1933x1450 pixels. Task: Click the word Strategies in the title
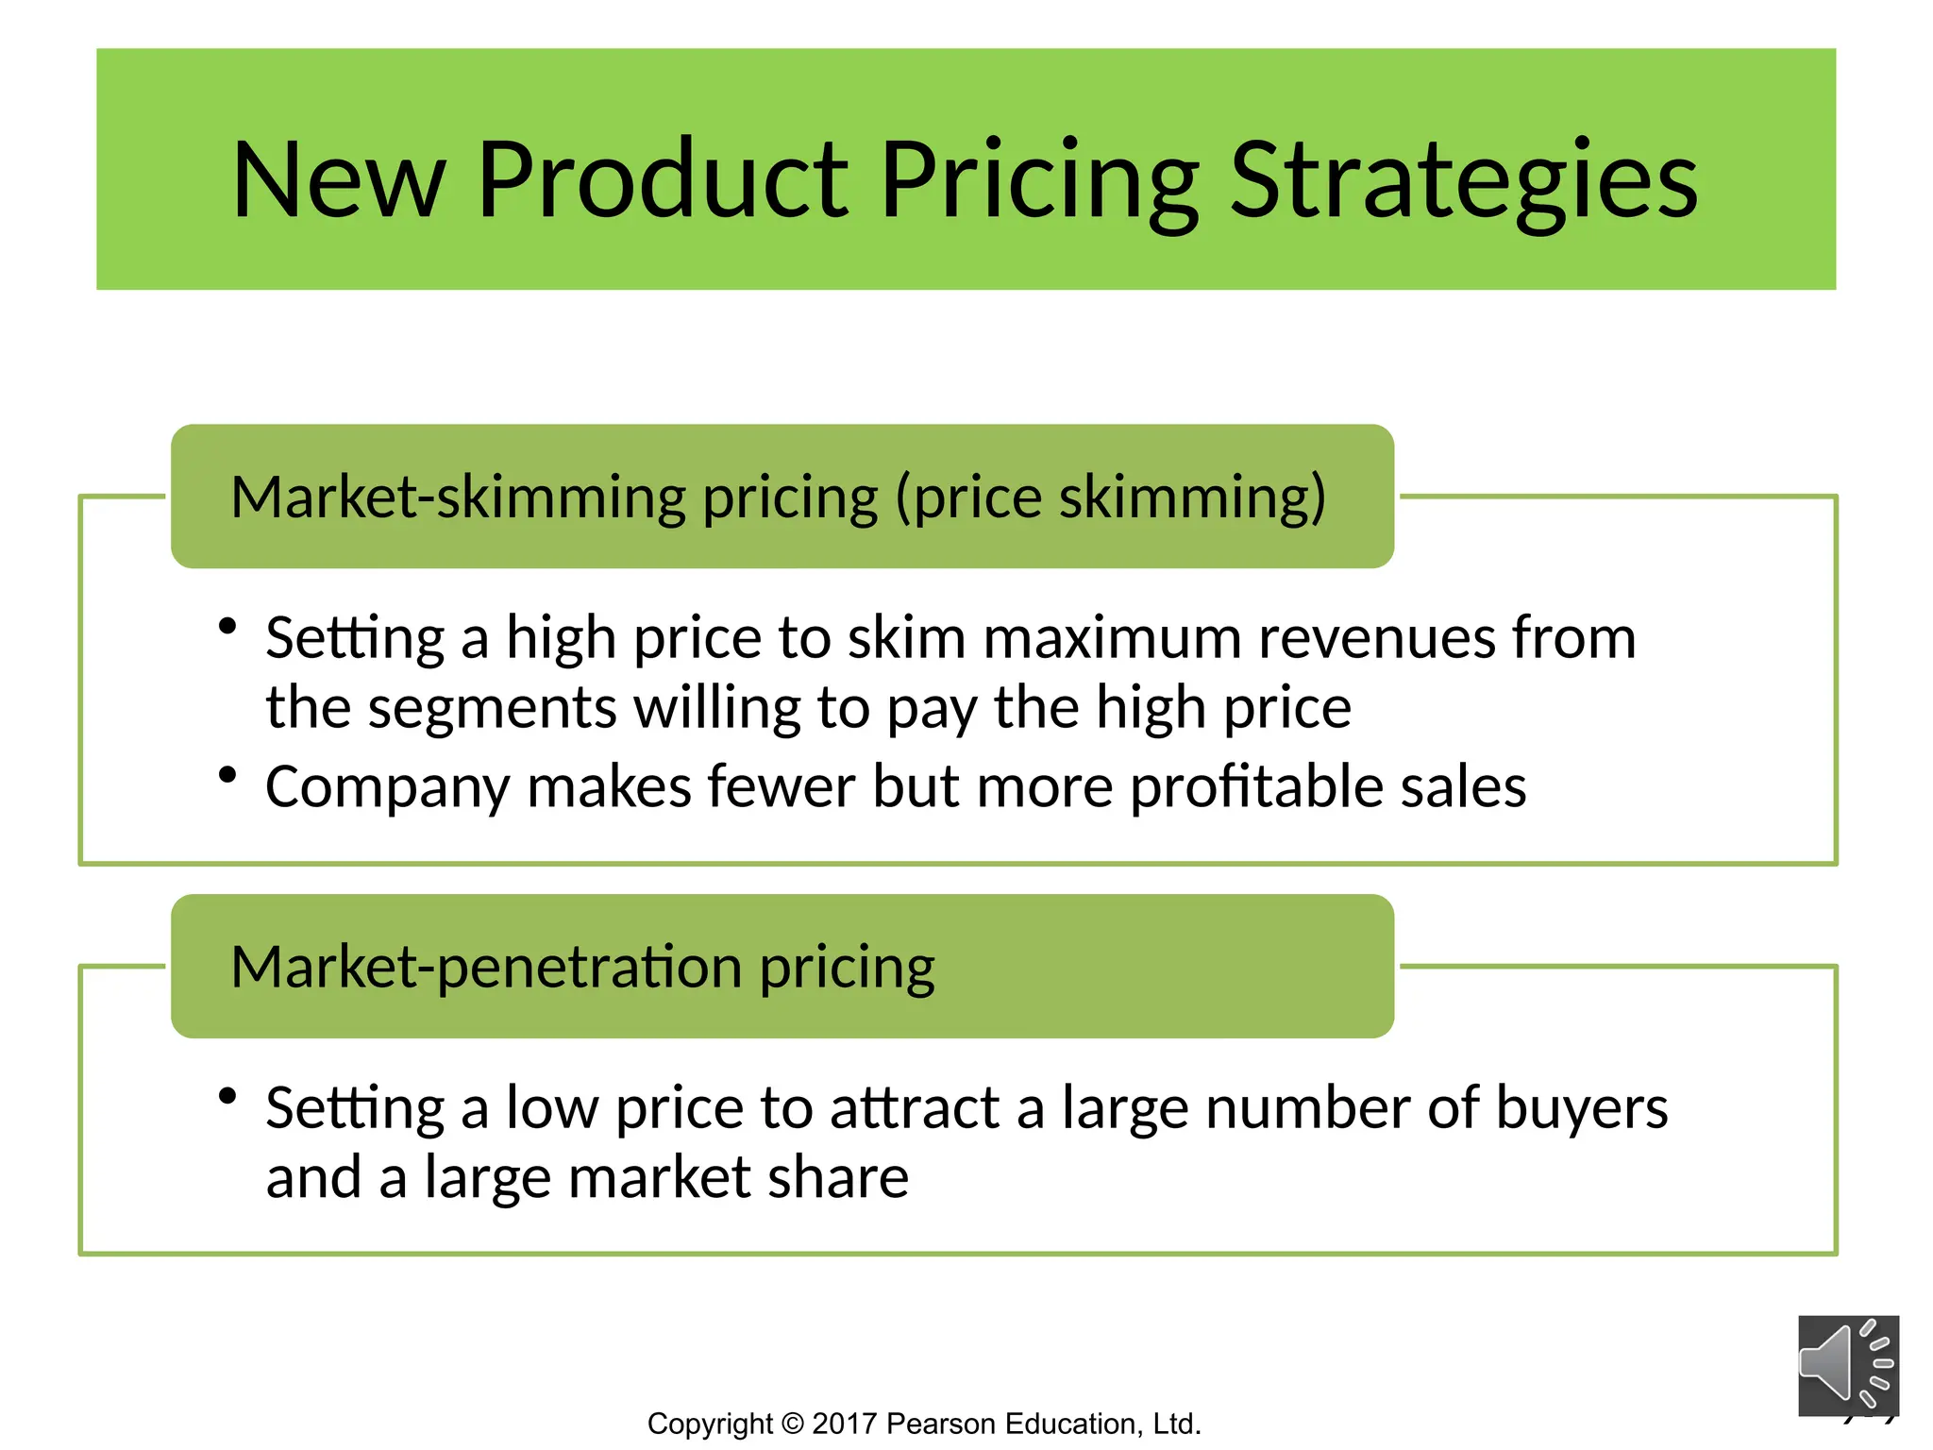1463,181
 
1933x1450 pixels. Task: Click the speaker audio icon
1847,1365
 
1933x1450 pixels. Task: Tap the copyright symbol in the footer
792,1424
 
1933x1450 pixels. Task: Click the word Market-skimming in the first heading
459,497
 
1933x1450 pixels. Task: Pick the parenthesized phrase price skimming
1110,497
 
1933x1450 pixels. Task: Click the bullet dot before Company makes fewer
227,775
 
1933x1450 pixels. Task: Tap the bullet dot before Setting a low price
227,1096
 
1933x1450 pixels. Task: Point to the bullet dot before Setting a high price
227,626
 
